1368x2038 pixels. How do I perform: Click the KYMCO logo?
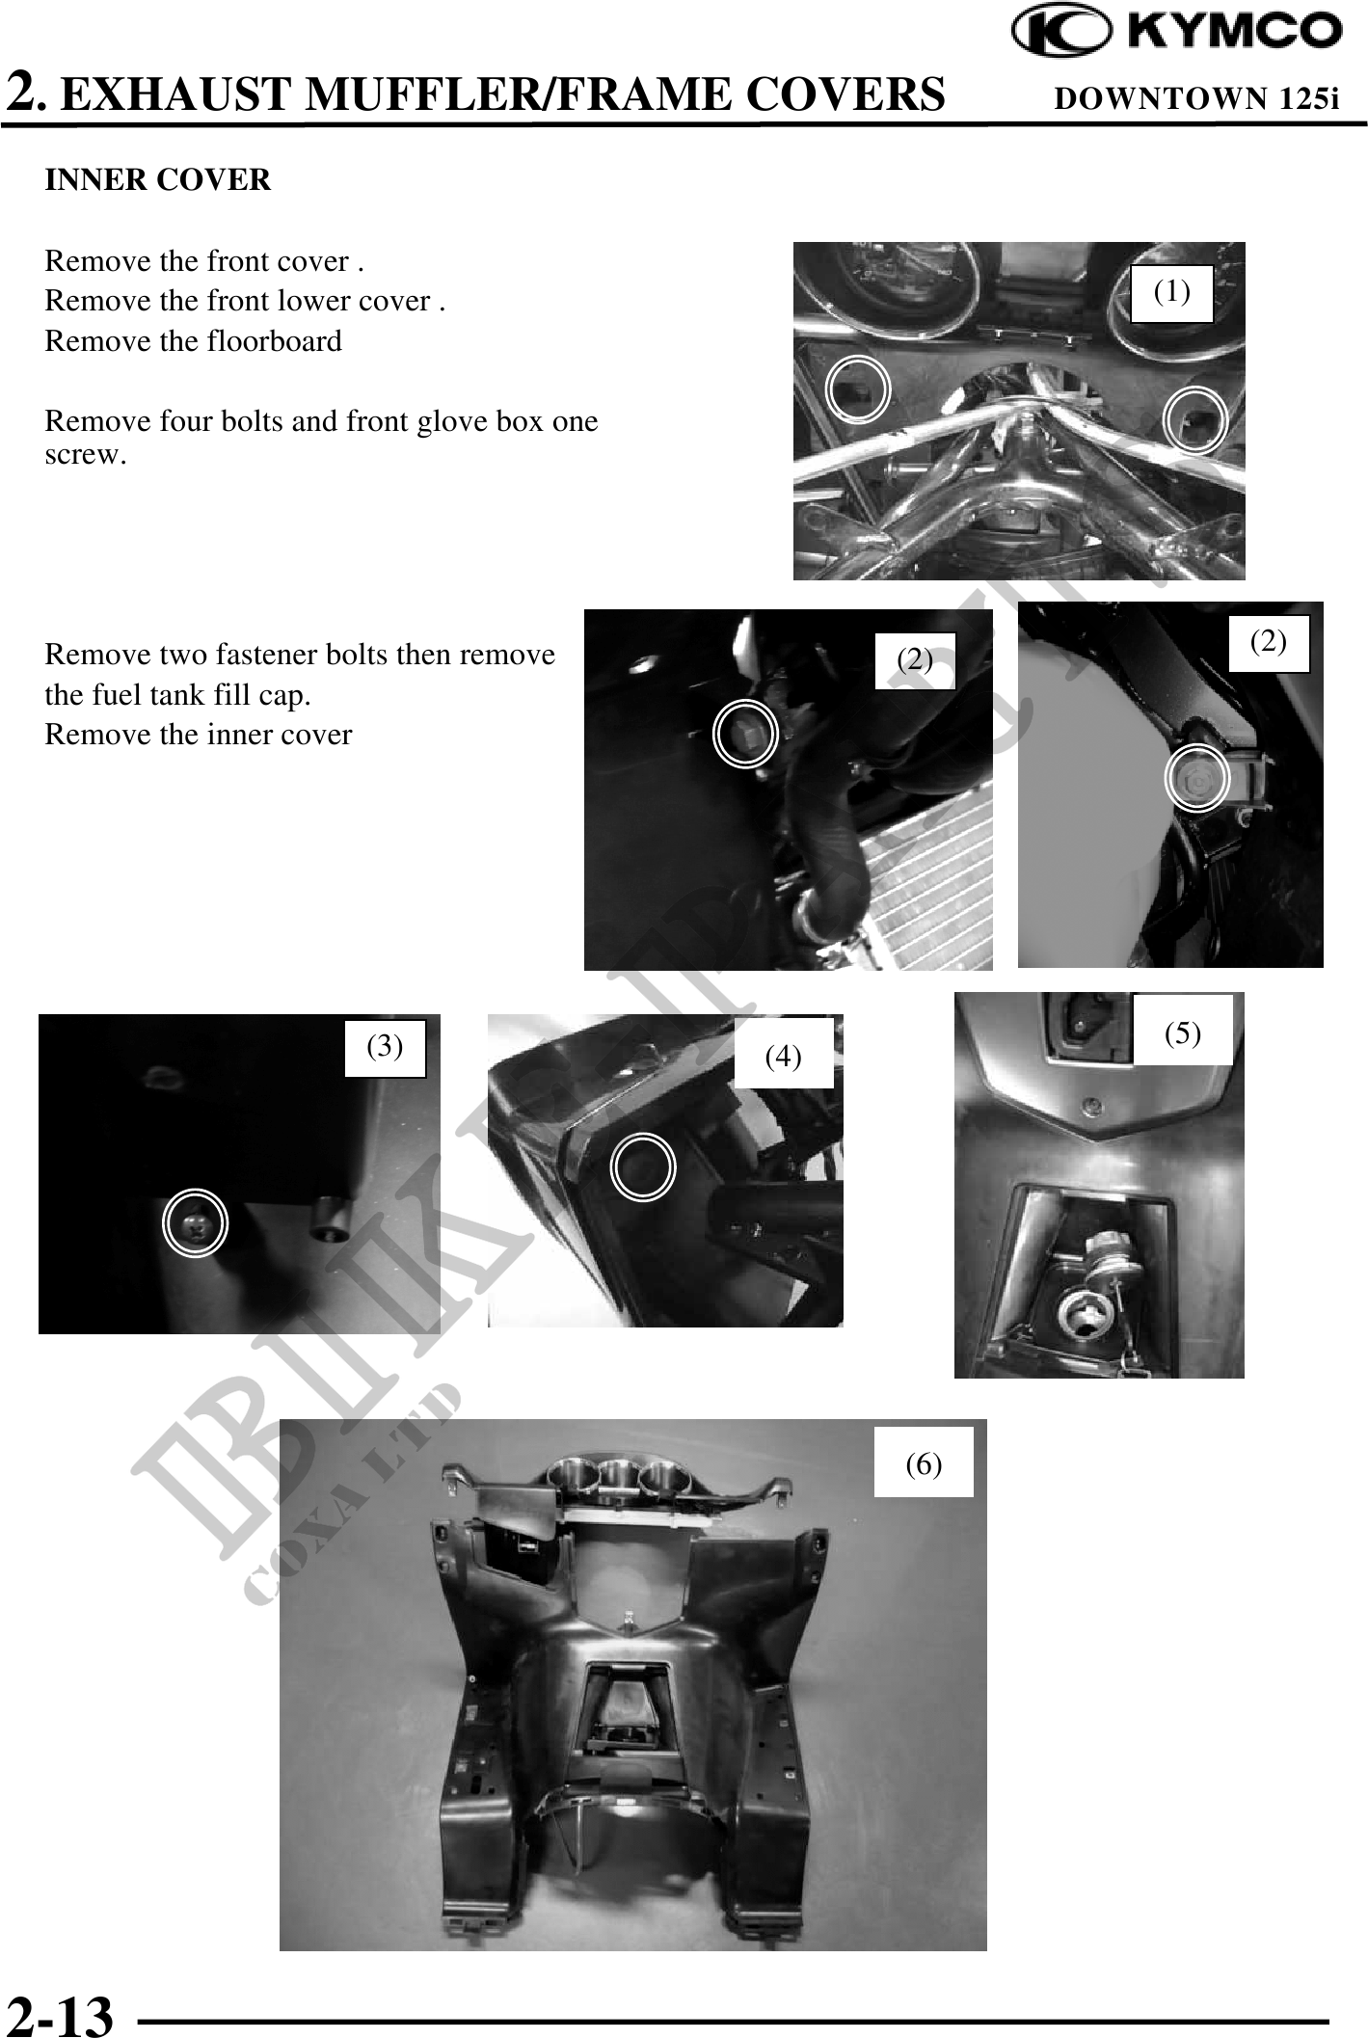[1176, 31]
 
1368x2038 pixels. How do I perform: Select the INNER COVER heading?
[158, 180]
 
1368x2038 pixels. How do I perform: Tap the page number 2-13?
[60, 2014]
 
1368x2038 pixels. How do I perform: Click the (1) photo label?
[1171, 291]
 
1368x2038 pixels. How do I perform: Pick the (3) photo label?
[386, 1046]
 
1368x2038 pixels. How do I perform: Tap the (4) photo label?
[783, 1057]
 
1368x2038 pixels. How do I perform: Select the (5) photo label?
[1182, 1032]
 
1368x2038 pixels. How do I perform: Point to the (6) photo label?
[923, 1464]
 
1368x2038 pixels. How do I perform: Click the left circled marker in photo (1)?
[858, 388]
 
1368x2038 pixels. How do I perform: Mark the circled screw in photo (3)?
[196, 1223]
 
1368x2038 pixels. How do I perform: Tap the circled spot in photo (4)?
[644, 1167]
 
